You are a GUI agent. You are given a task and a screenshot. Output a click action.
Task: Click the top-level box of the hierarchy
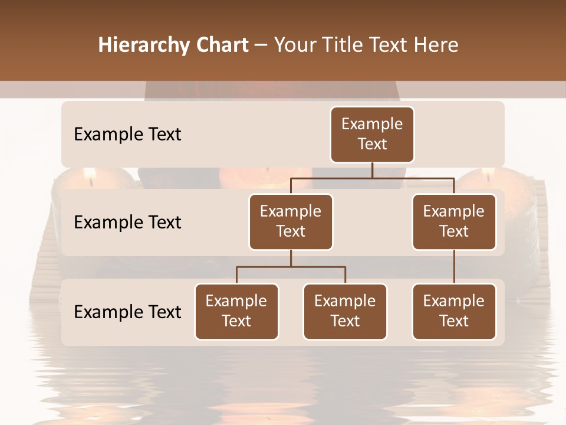pyautogui.click(x=372, y=134)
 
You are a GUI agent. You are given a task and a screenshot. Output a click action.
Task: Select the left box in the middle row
pyautogui.click(x=291, y=221)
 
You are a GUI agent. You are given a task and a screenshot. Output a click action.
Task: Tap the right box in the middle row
pyautogui.click(x=454, y=221)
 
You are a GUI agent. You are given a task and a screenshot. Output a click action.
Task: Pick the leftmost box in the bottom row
pyautogui.click(x=236, y=311)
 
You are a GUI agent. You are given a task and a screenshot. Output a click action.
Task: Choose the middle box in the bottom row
pyautogui.click(x=345, y=311)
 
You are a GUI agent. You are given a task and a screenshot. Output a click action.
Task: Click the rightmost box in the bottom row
pyautogui.click(x=454, y=311)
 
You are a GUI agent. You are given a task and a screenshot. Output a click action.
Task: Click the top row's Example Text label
pyautogui.click(x=127, y=135)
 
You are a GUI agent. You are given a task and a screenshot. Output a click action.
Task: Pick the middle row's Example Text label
pyautogui.click(x=127, y=223)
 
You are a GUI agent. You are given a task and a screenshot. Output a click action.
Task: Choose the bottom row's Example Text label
pyautogui.click(x=127, y=312)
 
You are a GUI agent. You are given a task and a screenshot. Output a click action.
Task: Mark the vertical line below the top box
pyautogui.click(x=372, y=170)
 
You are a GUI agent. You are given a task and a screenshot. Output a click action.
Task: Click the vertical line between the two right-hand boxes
pyautogui.click(x=454, y=267)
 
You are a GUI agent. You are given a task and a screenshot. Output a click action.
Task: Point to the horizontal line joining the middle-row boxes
pyautogui.click(x=372, y=178)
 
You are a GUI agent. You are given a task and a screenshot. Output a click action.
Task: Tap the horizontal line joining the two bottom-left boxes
pyautogui.click(x=291, y=267)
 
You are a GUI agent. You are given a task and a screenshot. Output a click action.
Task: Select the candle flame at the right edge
pyautogui.click(x=488, y=174)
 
